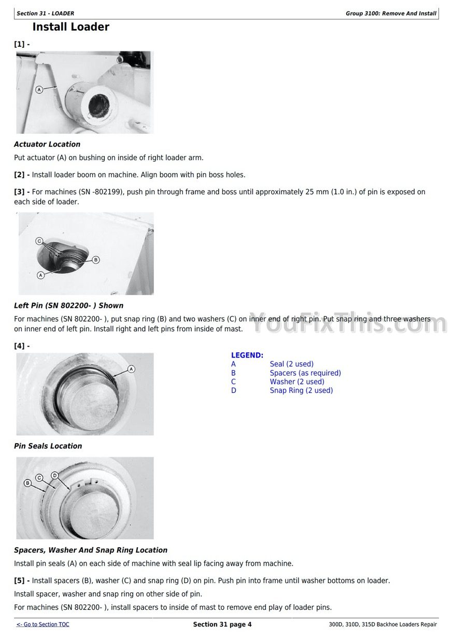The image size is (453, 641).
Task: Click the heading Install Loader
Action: pos(70,27)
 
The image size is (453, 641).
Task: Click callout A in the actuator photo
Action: pos(39,90)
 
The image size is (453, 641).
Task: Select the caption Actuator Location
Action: pos(47,144)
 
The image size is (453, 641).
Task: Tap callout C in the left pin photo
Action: pos(39,241)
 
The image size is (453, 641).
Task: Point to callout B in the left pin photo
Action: pos(95,260)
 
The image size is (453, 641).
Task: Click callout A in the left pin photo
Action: pos(40,275)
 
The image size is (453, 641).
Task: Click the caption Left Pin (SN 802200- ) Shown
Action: pos(68,306)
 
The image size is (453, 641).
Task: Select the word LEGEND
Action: pos(247,355)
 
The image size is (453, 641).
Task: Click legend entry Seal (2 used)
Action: pos(291,364)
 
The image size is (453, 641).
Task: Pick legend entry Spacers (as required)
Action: pos(305,373)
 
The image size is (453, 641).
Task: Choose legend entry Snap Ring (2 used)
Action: pos(301,391)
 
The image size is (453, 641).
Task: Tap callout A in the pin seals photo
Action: pos(131,369)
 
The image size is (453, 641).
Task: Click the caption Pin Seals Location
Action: pos(48,446)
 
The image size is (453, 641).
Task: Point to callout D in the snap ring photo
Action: pos(55,476)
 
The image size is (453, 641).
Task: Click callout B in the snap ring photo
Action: pos(28,483)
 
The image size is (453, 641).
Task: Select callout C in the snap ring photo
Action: pos(39,477)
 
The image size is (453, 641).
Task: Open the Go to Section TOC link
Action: pos(43,624)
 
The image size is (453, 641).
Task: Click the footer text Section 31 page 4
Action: pos(222,624)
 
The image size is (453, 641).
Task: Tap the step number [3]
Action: pos(21,192)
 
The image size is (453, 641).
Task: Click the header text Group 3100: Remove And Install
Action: pos(391,13)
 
